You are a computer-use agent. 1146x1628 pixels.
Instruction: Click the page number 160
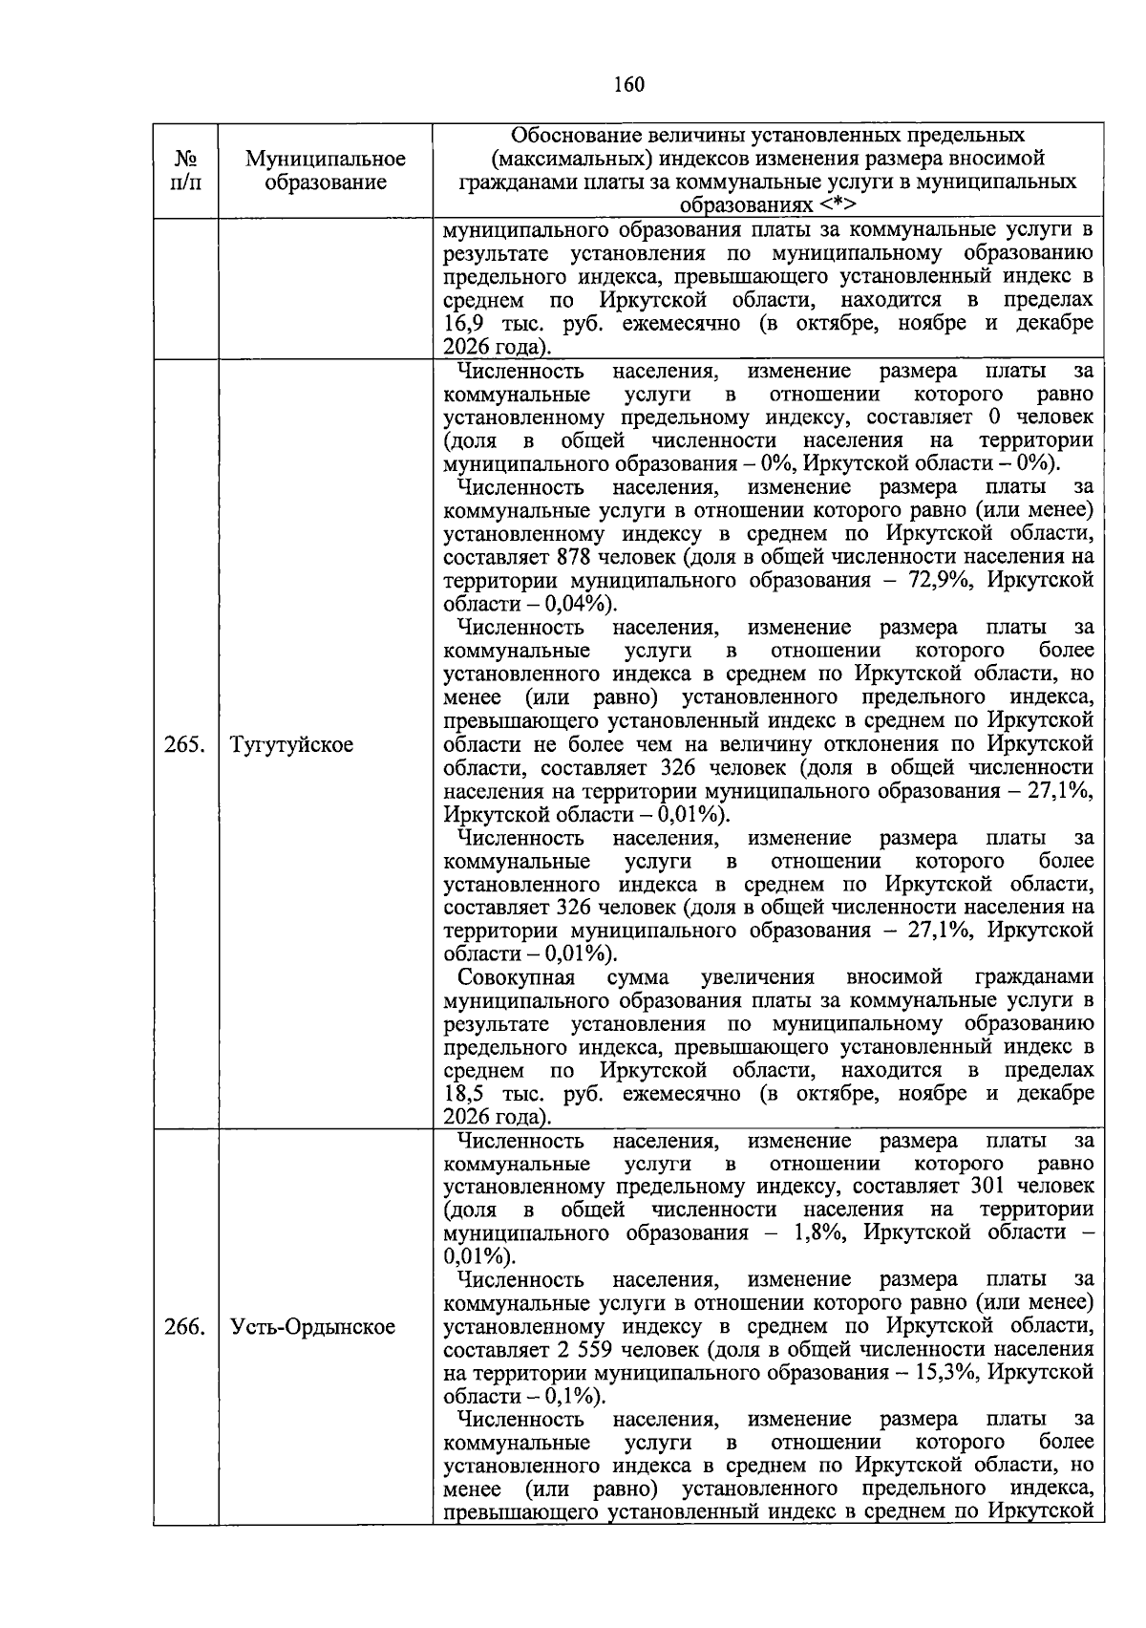point(628,85)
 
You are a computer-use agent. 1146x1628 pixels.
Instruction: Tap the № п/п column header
point(186,170)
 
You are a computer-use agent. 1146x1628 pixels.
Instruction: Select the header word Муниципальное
point(325,159)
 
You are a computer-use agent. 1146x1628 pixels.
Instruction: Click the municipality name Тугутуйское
point(291,745)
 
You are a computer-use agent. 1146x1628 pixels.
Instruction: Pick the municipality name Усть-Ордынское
point(312,1327)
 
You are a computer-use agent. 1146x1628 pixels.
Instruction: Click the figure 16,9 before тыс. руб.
point(465,323)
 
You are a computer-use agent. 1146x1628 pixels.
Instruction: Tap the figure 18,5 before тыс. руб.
point(465,1094)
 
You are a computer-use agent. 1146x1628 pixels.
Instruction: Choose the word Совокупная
point(516,977)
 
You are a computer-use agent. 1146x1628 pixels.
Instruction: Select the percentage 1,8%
point(814,1232)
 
